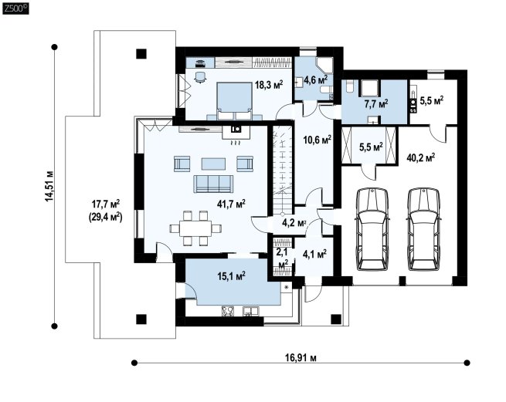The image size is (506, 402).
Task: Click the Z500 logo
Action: pyautogui.click(x=15, y=8)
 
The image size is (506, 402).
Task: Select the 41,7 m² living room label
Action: pyautogui.click(x=231, y=204)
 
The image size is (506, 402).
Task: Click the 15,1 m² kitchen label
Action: pyautogui.click(x=231, y=276)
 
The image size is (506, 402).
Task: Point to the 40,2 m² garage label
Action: pyautogui.click(x=420, y=157)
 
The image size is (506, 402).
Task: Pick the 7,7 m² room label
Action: pyautogui.click(x=376, y=103)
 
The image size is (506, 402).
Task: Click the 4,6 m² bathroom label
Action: pyautogui.click(x=316, y=79)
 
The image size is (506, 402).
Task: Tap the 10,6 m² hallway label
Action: pyautogui.click(x=318, y=140)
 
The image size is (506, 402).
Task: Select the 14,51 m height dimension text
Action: pyautogui.click(x=49, y=186)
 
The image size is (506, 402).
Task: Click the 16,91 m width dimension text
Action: pyautogui.click(x=301, y=357)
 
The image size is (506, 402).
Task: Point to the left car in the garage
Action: pyautogui.click(x=372, y=229)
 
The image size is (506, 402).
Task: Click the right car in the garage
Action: pyautogui.click(x=423, y=229)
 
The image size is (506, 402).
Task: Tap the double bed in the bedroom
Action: pyautogui.click(x=234, y=101)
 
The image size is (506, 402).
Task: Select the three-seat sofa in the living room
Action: pyautogui.click(x=213, y=184)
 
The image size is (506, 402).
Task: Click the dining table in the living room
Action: pyautogui.click(x=195, y=228)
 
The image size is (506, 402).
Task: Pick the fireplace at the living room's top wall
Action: pyautogui.click(x=236, y=132)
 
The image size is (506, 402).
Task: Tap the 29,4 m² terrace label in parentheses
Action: pyautogui.click(x=105, y=217)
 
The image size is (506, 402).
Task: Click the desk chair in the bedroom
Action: pyautogui.click(x=200, y=76)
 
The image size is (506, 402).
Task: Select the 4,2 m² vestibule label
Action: pyautogui.click(x=294, y=223)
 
